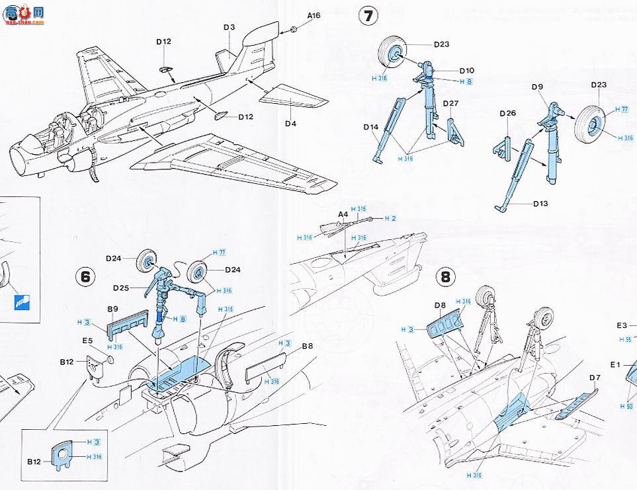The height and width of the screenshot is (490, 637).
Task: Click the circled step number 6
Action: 84,276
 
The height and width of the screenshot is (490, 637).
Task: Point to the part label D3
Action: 229,27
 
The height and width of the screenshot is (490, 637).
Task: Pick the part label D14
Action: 370,127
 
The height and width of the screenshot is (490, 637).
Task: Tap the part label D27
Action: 450,103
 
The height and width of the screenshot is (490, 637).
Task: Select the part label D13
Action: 542,204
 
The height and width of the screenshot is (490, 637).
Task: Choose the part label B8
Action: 307,346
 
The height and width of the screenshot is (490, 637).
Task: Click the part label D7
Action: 594,378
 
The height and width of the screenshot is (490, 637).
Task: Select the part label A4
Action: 343,215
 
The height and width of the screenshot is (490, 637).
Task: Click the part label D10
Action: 466,70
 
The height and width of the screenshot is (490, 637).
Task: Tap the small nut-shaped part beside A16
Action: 291,30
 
